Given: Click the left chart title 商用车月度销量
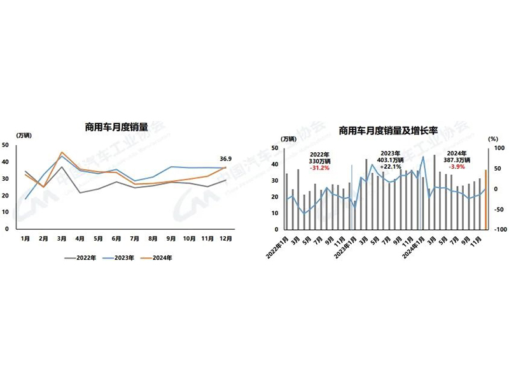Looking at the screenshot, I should [116, 127].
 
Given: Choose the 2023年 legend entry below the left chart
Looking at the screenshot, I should [123, 258].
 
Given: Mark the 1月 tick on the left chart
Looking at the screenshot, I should [26, 239].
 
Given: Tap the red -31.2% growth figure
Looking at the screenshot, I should [319, 167].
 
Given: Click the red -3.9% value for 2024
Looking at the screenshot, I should [457, 167].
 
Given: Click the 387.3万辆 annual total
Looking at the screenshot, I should [457, 160].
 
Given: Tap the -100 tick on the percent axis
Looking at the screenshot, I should [499, 230].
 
